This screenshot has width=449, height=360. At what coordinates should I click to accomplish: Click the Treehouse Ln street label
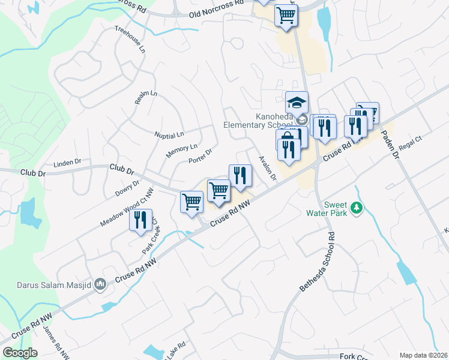pyautogui.click(x=130, y=40)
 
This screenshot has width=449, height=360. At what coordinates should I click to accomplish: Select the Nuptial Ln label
pyautogui.click(x=169, y=134)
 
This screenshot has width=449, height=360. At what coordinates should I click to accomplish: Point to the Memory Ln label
pyautogui.click(x=181, y=151)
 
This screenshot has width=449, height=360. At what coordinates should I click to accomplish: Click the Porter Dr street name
pyautogui.click(x=200, y=156)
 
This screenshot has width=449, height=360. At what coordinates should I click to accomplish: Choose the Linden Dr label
pyautogui.click(x=67, y=163)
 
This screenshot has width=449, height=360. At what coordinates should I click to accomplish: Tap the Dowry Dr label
pyautogui.click(x=127, y=189)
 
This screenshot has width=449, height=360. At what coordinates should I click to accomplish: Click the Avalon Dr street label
pyautogui.click(x=268, y=168)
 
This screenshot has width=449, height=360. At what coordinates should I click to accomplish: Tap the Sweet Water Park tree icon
pyautogui.click(x=357, y=208)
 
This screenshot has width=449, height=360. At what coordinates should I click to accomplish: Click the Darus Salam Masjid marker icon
pyautogui.click(x=100, y=284)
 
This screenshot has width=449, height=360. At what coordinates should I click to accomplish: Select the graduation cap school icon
pyautogui.click(x=297, y=101)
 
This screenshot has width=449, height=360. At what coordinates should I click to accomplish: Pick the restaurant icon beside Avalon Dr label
pyautogui.click(x=240, y=175)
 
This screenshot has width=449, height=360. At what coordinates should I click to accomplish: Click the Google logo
pyautogui.click(x=20, y=353)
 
